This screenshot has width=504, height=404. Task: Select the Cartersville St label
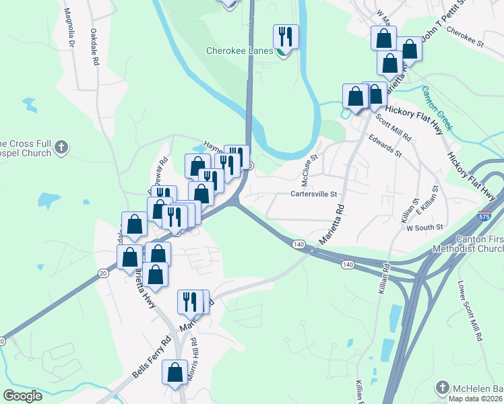tap(313, 194)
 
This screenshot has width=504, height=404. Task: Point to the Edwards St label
tap(385, 145)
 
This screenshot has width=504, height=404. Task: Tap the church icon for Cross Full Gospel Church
tap(61, 147)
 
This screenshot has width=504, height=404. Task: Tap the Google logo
tap(22, 396)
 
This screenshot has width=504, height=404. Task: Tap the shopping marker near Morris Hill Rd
tap(175, 373)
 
